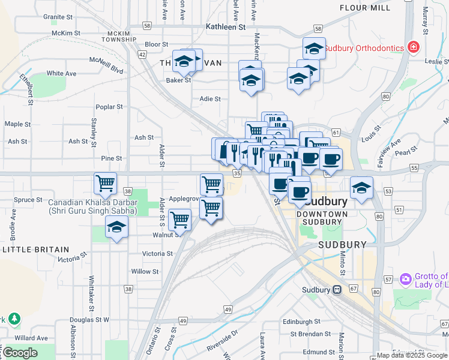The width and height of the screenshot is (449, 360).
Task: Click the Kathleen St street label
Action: click(226, 27)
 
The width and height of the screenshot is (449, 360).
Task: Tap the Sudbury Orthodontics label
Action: click(365, 47)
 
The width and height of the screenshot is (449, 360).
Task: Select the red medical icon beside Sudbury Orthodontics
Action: click(413, 47)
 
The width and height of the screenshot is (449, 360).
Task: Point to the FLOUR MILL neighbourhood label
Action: click(366, 8)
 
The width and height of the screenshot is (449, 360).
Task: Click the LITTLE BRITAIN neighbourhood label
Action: click(36, 249)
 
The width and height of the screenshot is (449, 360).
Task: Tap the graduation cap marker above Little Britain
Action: click(116, 227)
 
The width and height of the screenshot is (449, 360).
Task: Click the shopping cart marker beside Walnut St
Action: click(180, 219)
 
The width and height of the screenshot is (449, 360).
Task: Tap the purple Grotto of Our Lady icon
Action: click(406, 278)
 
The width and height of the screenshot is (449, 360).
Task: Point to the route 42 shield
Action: click(142, 55)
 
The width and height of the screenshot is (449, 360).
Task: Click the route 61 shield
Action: click(335, 132)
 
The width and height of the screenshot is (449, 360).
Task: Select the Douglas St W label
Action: click(89, 320)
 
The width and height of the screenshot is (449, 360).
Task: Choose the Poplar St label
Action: click(109, 107)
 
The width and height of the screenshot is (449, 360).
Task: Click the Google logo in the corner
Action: click(20, 353)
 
